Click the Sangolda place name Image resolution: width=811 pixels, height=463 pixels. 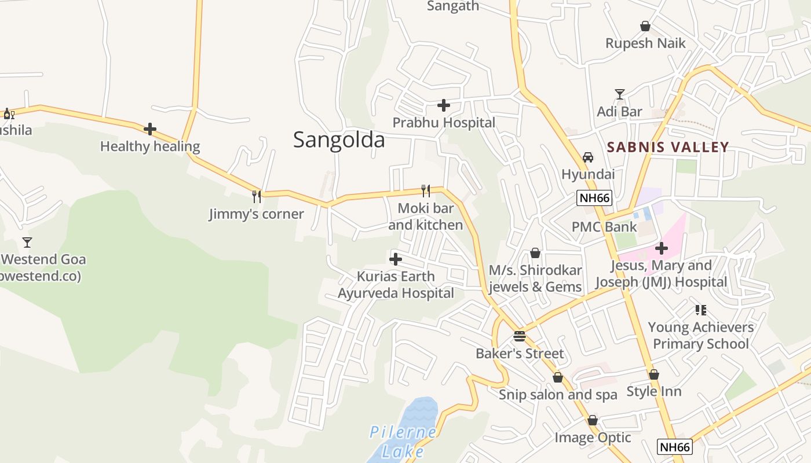click(x=339, y=140)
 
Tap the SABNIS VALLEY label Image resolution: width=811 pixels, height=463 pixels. click(x=668, y=147)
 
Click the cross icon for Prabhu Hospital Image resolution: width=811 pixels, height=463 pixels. click(x=444, y=105)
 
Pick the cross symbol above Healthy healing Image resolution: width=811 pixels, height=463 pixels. click(x=150, y=128)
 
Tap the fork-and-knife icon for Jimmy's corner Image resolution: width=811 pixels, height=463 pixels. click(x=257, y=197)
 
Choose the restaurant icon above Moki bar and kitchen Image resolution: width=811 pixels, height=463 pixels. click(x=426, y=191)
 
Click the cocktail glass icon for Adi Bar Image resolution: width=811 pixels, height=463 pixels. click(x=620, y=94)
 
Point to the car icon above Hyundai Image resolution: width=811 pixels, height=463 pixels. click(x=588, y=157)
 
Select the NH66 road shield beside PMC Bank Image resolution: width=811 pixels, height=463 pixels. click(x=594, y=198)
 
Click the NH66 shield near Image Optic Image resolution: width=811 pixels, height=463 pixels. click(x=675, y=447)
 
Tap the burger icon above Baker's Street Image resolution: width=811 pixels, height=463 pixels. click(x=520, y=336)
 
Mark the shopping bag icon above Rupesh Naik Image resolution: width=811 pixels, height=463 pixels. click(x=645, y=26)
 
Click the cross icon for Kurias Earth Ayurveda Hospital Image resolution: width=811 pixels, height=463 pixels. click(x=396, y=259)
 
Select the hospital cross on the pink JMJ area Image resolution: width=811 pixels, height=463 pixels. click(x=662, y=248)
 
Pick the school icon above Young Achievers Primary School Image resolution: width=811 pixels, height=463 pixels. click(x=701, y=310)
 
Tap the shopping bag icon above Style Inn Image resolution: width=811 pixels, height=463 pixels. click(x=654, y=374)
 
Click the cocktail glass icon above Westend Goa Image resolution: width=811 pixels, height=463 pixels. click(x=27, y=242)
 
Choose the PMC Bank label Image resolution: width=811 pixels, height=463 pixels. click(x=604, y=227)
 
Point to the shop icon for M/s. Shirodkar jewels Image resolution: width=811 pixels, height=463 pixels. click(x=535, y=253)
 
